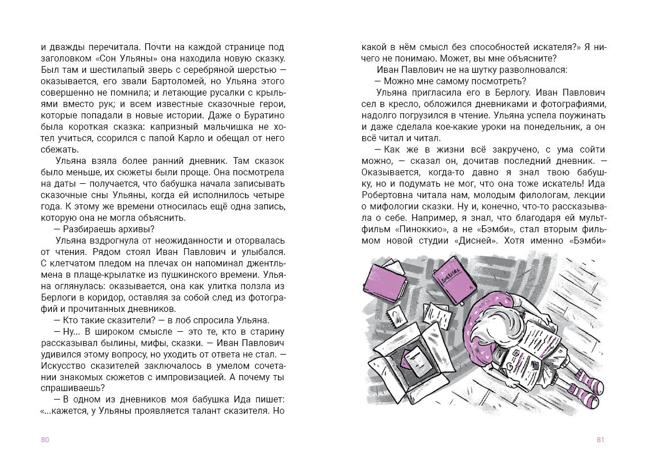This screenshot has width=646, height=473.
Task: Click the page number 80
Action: tap(46, 439)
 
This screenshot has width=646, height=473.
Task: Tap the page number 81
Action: tap(600, 439)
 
